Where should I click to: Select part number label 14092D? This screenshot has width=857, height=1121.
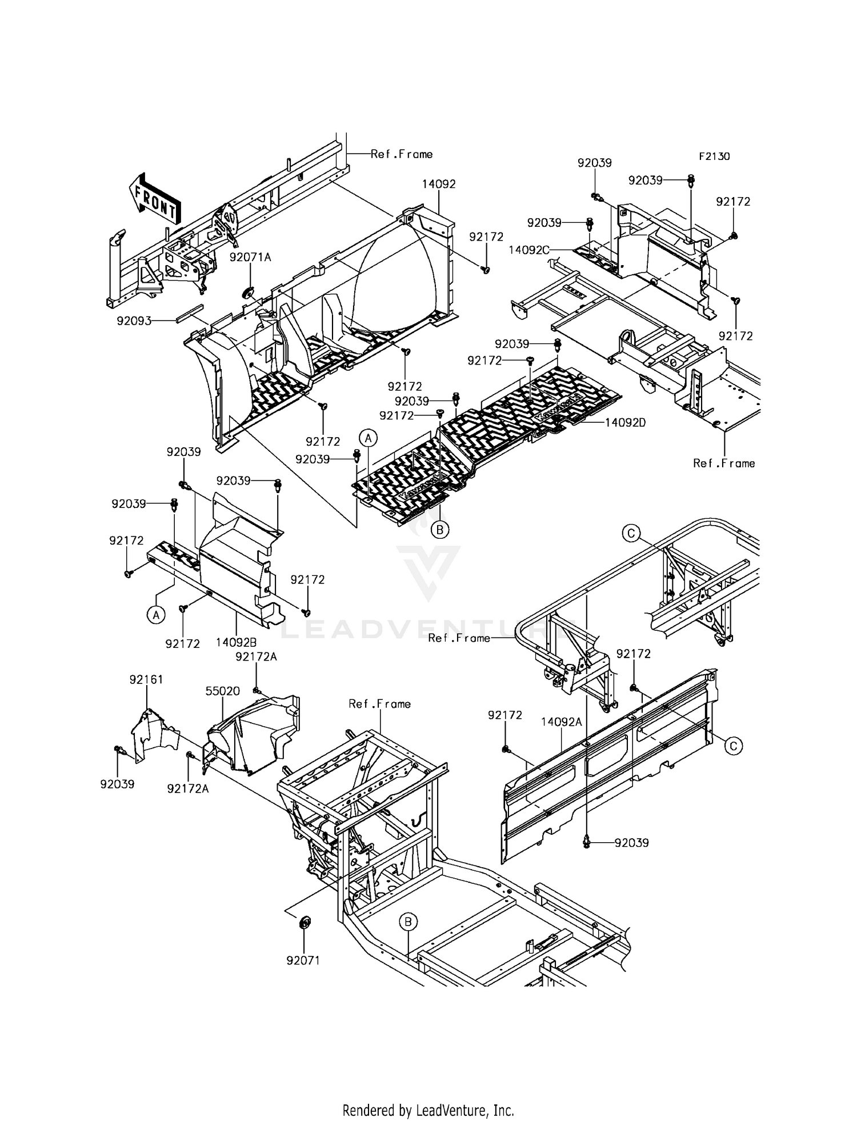coord(625,423)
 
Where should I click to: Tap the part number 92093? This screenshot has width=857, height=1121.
coord(134,321)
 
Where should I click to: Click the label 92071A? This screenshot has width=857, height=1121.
coord(250,257)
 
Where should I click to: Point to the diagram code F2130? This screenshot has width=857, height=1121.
coord(714,156)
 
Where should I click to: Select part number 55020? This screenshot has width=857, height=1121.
coord(222,691)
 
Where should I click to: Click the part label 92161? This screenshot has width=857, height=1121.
coord(146,679)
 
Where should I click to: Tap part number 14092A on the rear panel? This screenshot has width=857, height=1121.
coord(561,722)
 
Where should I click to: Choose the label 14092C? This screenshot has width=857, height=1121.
coord(529,250)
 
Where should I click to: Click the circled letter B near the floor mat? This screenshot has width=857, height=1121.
coord(439,530)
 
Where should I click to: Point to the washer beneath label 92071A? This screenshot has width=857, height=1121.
coord(249,293)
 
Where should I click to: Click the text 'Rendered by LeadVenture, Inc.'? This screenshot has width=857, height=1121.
coord(428,1110)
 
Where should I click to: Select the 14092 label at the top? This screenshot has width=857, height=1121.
coord(439,184)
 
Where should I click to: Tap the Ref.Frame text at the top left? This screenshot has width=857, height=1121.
coord(402,154)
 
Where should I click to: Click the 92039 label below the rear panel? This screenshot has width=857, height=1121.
coord(631,843)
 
